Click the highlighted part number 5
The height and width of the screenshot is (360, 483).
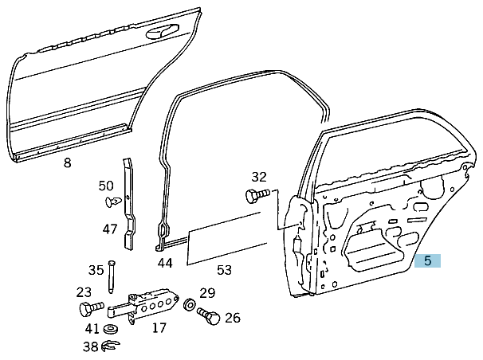tap(427, 260)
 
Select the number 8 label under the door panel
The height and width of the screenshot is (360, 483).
tap(67, 163)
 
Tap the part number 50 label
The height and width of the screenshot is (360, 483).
tap(106, 186)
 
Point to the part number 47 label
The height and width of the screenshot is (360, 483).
tap(110, 229)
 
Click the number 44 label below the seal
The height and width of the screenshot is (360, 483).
tap(164, 263)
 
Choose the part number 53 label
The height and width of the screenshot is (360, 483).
tap(224, 270)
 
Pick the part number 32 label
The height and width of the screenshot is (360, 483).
tap(259, 176)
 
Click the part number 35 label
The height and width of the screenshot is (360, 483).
tap(96, 270)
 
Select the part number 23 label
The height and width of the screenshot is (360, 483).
tap(84, 292)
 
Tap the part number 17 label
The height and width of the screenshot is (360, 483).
tap(159, 327)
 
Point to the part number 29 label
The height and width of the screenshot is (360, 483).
tap(207, 293)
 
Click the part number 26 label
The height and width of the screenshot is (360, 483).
tap(232, 318)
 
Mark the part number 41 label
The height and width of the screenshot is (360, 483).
tap(92, 328)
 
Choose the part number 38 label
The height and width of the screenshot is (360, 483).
tap(91, 346)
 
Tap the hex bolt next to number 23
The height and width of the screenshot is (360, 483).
tap(89, 308)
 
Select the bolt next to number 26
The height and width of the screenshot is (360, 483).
tap(209, 316)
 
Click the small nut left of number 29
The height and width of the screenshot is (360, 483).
tap(190, 303)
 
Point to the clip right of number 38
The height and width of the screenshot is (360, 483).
tap(111, 346)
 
